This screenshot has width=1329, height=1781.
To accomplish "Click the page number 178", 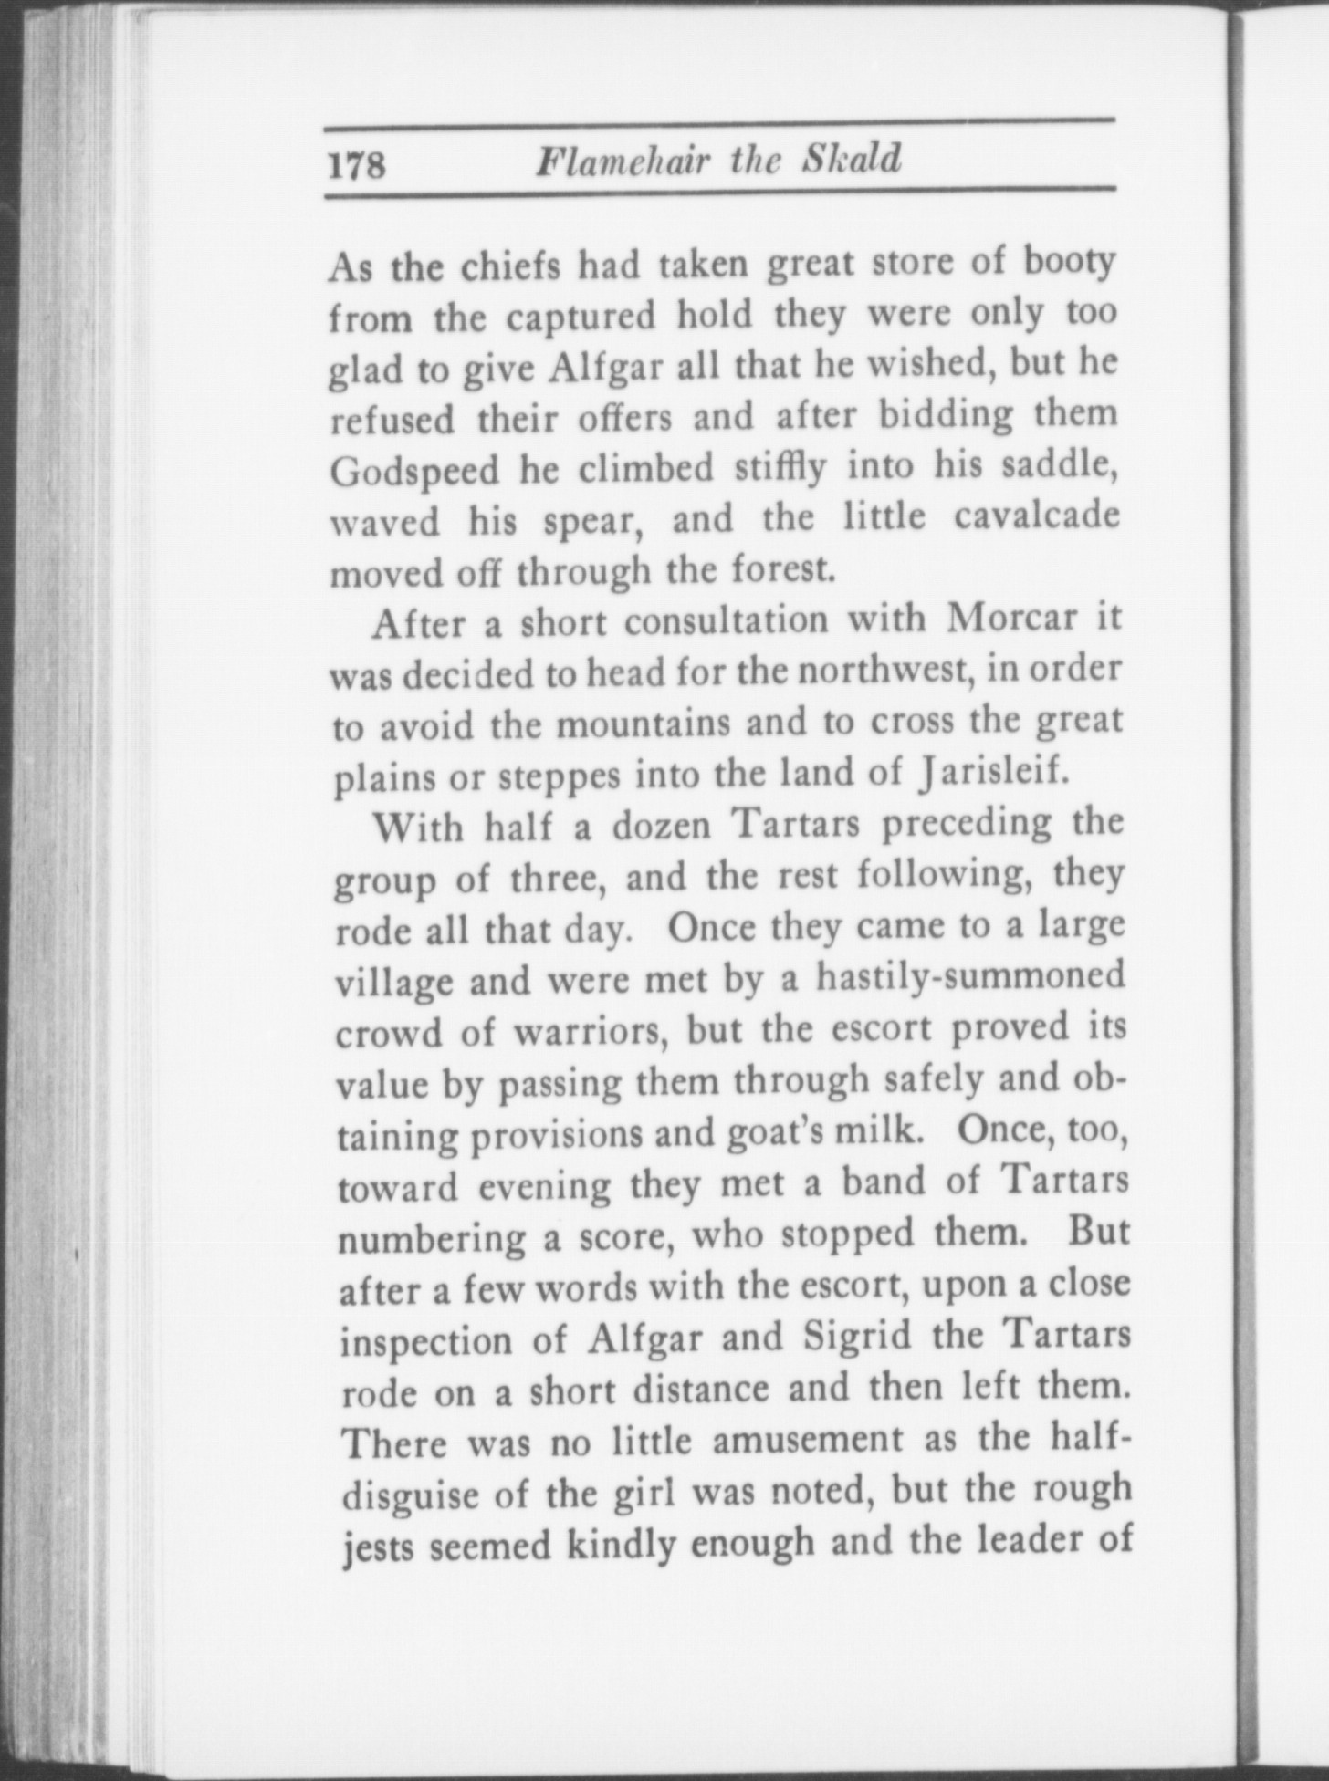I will click(357, 165).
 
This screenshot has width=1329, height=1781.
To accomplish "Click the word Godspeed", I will click(415, 472).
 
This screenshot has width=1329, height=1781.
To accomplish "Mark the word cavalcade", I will click(1036, 516).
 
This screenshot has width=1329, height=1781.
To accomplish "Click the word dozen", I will click(660, 827).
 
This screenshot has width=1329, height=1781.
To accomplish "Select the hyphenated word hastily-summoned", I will click(969, 978).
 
